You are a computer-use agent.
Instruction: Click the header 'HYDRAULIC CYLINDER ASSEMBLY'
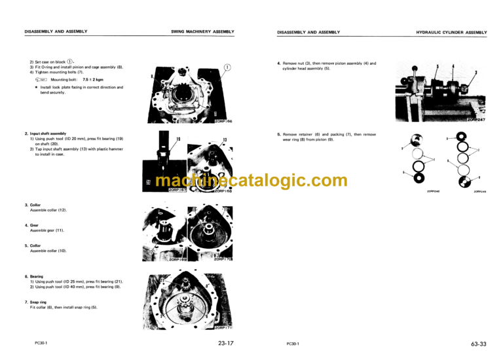click(x=453, y=31)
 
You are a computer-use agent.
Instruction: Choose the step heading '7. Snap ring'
click(x=37, y=302)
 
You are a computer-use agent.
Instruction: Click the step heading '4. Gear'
click(x=30, y=225)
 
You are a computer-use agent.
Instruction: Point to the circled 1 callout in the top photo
click(x=227, y=67)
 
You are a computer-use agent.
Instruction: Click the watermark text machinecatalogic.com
click(x=242, y=180)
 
